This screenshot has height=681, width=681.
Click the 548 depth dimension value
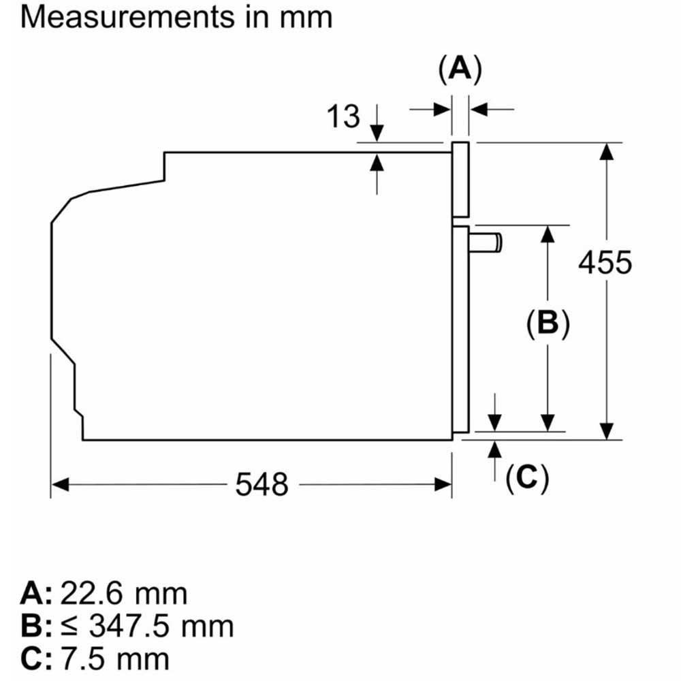tap(262, 484)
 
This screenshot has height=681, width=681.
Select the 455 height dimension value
tap(605, 262)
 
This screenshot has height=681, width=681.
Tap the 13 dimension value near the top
tap(343, 116)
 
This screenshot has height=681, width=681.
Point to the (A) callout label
tap(460, 69)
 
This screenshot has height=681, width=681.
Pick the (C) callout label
tap(526, 479)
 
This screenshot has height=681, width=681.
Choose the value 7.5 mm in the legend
tap(116, 658)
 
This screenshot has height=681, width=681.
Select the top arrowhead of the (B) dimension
tap(547, 234)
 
